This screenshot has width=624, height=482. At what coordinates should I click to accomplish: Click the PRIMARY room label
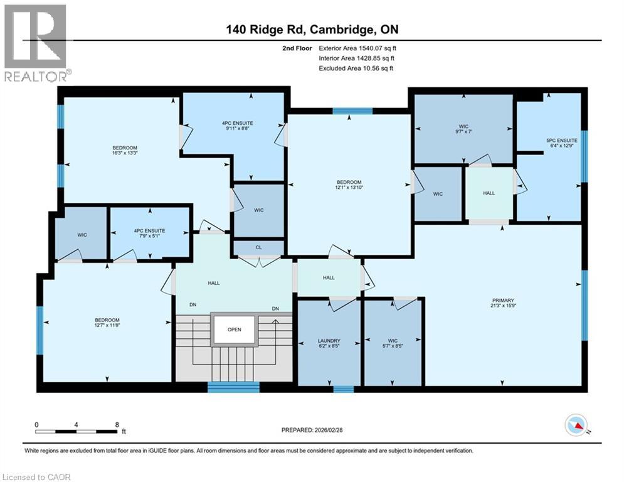click(504, 299)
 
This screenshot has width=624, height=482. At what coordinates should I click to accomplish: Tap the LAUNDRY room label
click(329, 342)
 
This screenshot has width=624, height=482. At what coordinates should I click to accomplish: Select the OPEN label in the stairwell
click(235, 329)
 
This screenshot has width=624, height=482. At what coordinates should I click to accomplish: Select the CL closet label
click(258, 248)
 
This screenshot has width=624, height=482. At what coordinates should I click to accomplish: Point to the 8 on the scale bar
click(117, 424)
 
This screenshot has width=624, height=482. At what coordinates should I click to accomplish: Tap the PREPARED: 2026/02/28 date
click(312, 430)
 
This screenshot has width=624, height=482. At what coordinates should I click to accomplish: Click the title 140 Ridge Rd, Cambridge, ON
click(312, 29)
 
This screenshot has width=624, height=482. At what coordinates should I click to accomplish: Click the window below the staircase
click(233, 387)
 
